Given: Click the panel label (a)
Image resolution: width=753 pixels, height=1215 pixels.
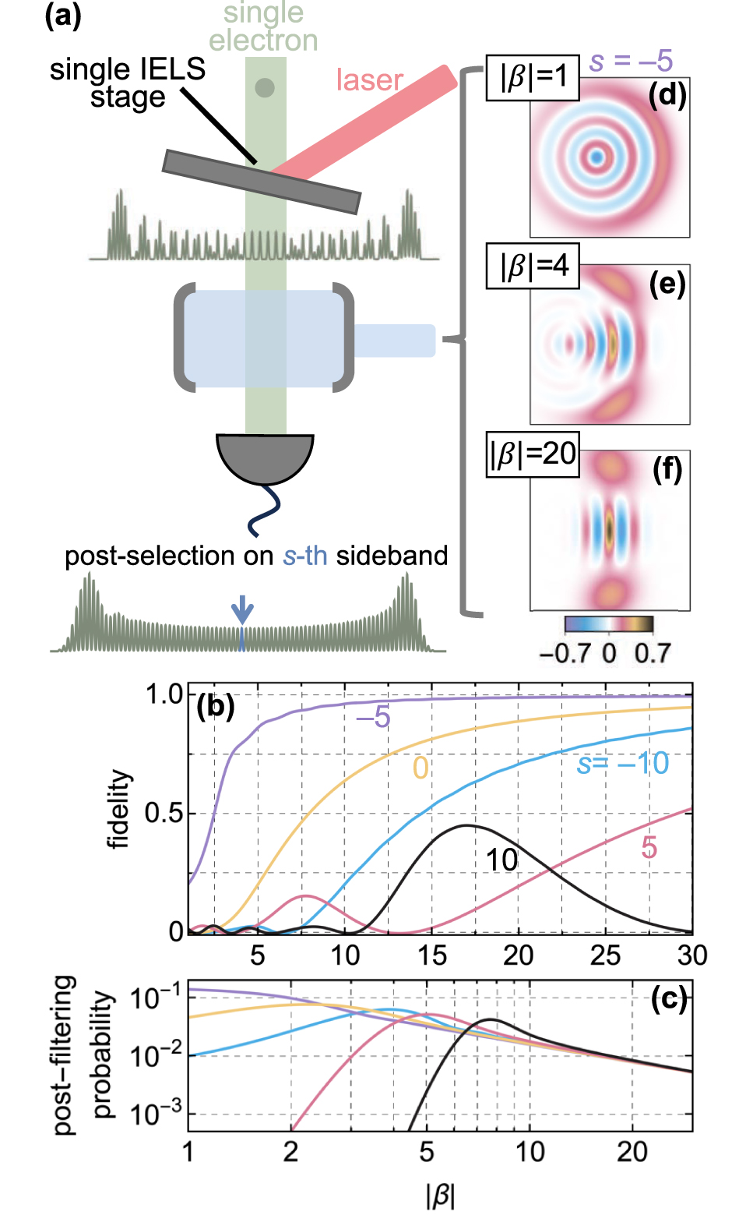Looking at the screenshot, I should coord(63,16).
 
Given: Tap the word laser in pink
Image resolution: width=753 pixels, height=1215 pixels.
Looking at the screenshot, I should coord(369,80).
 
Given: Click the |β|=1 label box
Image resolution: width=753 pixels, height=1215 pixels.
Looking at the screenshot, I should coord(533,78).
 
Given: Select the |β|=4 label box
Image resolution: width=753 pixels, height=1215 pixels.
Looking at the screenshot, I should coord(533,266).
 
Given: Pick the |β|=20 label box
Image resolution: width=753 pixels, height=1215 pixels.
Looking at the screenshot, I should coord(533,454).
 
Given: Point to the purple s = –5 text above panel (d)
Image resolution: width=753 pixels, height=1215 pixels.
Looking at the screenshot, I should coord(631,61).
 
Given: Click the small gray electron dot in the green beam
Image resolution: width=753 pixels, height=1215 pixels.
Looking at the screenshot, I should coord(265,87).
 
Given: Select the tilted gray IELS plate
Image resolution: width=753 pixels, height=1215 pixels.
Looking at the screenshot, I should coord(262,182).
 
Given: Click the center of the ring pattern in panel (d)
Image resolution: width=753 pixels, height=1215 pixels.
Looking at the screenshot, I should coord(596,157).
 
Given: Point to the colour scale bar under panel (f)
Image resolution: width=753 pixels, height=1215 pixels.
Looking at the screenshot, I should coord(608,623).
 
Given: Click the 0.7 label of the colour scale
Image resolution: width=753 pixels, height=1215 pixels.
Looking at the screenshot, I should coord(652,653).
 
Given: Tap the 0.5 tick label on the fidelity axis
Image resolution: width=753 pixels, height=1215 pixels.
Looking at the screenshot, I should coord(164,813).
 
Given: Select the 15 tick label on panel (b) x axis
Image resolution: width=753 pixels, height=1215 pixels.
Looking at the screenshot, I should coord(431,955).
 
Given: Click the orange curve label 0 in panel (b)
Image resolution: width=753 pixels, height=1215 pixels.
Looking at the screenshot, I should coord(420,768).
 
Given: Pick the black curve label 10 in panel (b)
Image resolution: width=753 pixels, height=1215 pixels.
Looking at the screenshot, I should coord(501,860).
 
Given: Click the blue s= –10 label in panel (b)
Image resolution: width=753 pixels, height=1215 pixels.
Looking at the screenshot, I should coord(622,764).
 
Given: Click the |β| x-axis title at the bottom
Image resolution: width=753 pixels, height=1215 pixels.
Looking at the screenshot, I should coord(440,1195).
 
